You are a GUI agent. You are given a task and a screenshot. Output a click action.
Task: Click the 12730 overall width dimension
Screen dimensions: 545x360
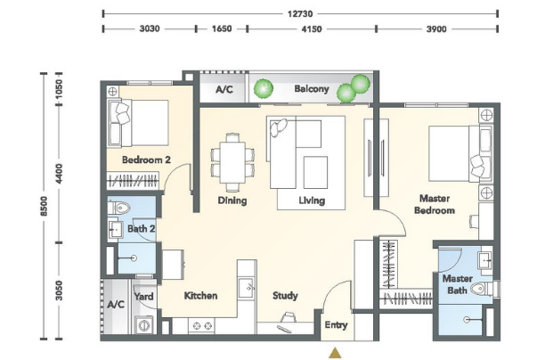coord(300,14)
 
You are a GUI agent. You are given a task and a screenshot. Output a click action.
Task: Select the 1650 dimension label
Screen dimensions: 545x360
coord(222,29)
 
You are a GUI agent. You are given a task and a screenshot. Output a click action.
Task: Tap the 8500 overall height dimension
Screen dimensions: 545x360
coord(44,206)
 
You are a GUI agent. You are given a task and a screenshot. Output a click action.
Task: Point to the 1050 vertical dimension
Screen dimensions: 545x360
coord(59,87)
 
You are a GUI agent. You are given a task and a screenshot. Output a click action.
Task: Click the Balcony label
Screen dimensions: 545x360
coord(312,89)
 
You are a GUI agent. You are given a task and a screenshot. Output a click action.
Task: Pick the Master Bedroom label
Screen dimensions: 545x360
coord(435,204)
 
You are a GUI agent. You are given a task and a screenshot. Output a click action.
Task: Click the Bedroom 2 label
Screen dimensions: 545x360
coord(146,160)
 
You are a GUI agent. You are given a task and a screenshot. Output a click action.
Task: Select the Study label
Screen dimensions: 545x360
coord(285,296)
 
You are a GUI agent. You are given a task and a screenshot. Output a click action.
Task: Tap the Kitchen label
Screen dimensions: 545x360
coord(200,296)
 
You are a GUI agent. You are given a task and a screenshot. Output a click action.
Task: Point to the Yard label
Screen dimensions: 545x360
coord(143,297)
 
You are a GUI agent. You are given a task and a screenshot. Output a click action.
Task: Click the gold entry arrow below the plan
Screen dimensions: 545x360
coord(335,353)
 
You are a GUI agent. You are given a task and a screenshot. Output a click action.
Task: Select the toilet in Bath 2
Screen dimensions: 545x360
coord(118,208)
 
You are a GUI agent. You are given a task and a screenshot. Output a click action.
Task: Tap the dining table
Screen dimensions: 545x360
coord(232,162)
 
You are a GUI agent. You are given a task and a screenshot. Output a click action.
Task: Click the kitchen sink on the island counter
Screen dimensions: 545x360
coord(247,288)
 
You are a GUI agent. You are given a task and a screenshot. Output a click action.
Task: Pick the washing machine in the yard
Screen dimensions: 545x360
coord(144,325)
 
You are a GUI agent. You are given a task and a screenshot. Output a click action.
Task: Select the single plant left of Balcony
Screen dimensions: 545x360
coord(263,88)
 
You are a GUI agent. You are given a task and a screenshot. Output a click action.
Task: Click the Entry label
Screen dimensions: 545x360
coord(336,325)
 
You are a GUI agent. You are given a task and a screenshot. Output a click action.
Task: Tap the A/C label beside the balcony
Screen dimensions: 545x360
coord(224,90)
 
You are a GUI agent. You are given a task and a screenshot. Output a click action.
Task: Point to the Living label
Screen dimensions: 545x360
coord(312,200)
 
